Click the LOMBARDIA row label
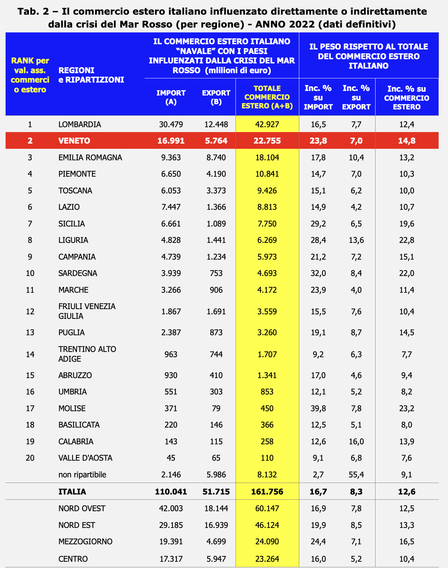(80, 124)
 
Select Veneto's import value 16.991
(171, 141)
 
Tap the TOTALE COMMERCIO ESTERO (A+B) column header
(267, 97)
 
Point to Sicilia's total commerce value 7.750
(267, 224)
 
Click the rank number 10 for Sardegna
(30, 273)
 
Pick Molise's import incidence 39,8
(318, 408)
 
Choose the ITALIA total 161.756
(267, 492)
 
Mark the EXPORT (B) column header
(216, 97)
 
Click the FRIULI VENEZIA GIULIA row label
(87, 311)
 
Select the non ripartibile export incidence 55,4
(356, 475)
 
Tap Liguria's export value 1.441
(216, 240)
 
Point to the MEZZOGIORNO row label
(85, 542)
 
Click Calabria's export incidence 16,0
(356, 442)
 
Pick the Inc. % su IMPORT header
(318, 97)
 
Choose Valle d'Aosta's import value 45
(171, 458)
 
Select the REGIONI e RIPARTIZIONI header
(91, 75)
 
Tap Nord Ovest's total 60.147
(267, 508)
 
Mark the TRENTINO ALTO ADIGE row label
(87, 354)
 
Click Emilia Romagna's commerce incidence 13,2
(407, 158)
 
